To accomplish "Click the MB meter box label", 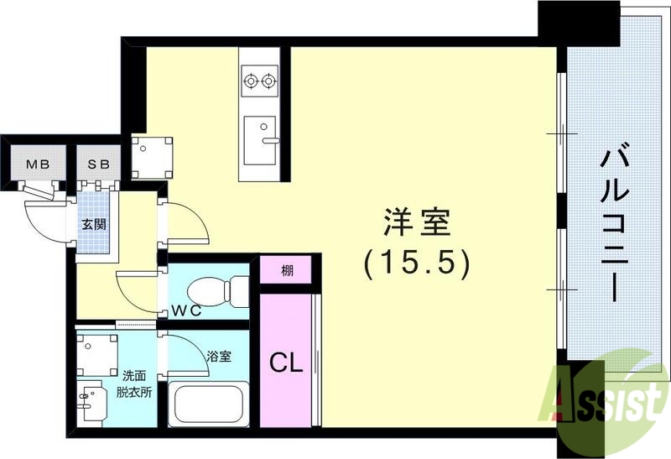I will (x=35, y=164).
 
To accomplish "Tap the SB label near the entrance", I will (x=99, y=164).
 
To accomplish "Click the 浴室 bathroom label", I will (x=220, y=356).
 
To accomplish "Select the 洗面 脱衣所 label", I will (x=135, y=385).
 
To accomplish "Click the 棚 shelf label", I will (x=287, y=271).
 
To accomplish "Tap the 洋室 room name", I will (x=417, y=223).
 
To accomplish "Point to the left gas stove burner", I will (x=250, y=81).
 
